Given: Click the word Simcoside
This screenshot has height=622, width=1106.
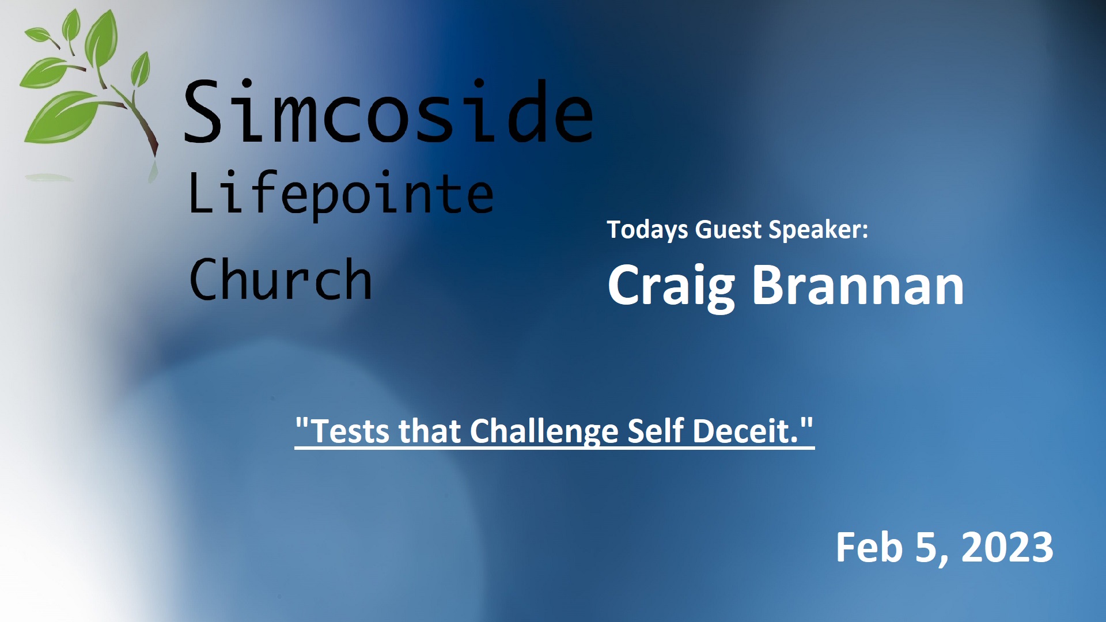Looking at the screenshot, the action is [388, 111].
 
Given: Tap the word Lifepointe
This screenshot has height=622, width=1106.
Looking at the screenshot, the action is [341, 195].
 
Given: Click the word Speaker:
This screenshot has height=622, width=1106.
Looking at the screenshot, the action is [819, 230].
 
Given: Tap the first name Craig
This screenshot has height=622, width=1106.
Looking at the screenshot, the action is [672, 286].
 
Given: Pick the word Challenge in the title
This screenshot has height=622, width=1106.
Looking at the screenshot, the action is [544, 432].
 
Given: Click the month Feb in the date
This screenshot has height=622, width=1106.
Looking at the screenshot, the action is [869, 547].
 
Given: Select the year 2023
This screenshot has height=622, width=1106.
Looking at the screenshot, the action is [1007, 547].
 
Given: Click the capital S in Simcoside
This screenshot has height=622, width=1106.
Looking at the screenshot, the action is [203, 111].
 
